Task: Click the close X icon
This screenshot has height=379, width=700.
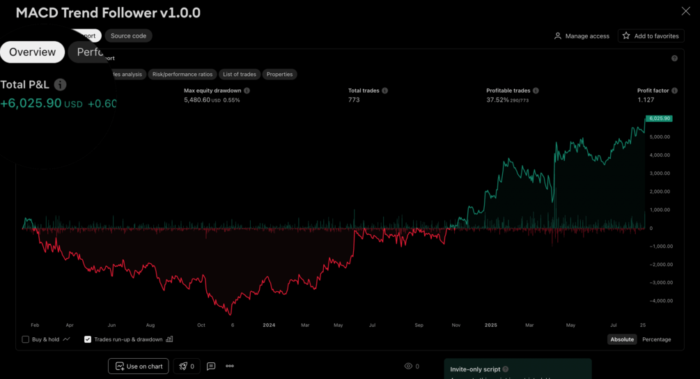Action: (685, 11)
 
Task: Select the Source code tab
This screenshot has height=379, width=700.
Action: (128, 36)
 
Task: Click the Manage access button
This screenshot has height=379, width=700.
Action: (582, 36)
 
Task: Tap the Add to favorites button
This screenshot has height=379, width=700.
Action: (651, 36)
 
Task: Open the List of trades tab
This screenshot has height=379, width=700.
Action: (239, 75)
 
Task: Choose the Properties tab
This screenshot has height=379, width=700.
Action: (279, 75)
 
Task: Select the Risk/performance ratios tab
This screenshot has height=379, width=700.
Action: (182, 75)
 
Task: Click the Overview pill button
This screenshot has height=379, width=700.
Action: (32, 52)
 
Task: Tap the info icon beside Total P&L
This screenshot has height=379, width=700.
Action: (61, 85)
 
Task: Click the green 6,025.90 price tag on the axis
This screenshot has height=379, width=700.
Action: (659, 118)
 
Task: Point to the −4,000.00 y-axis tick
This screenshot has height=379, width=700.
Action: (661, 301)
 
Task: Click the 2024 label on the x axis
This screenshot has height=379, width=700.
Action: (269, 325)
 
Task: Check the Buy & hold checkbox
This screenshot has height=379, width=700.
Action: (26, 339)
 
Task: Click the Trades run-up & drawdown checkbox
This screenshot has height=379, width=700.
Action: (88, 339)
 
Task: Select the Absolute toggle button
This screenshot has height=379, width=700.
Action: (622, 339)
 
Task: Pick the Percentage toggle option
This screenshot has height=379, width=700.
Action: (656, 339)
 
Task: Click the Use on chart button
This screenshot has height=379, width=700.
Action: (138, 366)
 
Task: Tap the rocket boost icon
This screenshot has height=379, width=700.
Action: (183, 366)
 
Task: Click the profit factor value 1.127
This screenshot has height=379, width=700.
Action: (646, 100)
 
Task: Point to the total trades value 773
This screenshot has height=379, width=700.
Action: (354, 100)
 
